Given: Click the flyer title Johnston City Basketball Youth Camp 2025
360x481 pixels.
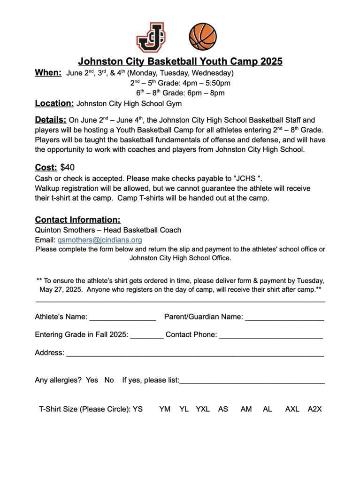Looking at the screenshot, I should (x=180, y=62).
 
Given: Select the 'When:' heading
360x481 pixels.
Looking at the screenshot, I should (x=48, y=73).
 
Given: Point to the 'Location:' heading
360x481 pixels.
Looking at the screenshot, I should (x=54, y=103).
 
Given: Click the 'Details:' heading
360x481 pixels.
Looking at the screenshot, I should (x=50, y=120).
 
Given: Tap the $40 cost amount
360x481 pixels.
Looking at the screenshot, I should (x=68, y=168).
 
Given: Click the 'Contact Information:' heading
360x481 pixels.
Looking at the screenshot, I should (x=77, y=220).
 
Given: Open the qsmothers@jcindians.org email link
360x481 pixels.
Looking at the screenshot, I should (x=100, y=240).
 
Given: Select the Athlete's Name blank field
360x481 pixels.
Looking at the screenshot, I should (x=123, y=318).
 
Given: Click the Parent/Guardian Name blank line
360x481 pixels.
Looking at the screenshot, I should (x=284, y=318).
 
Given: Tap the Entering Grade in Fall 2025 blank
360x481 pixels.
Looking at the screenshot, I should (x=146, y=335).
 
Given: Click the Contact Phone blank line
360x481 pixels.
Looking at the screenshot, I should (x=271, y=335).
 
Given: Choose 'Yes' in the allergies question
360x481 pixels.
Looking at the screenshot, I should (x=92, y=380).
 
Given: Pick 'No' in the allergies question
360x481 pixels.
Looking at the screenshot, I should (x=109, y=380).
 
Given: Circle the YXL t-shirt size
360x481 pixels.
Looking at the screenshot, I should (x=203, y=409).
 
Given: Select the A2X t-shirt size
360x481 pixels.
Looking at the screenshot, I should (x=314, y=409).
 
